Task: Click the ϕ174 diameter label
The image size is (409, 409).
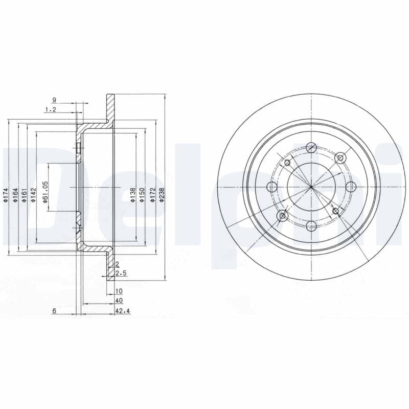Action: (6, 195)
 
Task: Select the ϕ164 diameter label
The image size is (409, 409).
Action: (15, 195)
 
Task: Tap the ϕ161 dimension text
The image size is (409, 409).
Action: (24, 195)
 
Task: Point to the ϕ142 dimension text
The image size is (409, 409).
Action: (33, 195)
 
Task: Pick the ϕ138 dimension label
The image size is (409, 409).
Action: (133, 195)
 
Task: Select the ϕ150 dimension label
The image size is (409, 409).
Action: (142, 195)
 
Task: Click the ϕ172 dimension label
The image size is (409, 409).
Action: (153, 195)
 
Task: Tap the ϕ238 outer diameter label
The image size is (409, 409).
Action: (162, 195)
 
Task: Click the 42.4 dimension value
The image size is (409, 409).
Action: (123, 311)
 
